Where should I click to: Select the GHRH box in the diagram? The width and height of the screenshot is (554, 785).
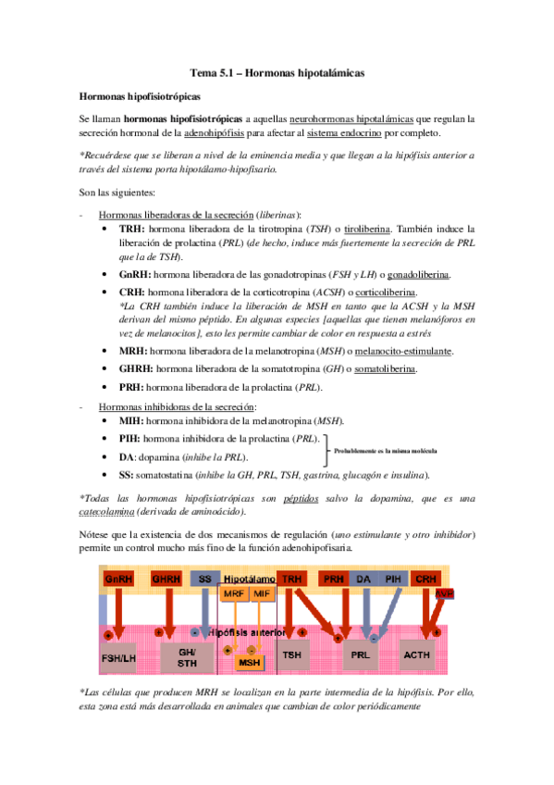(167, 578)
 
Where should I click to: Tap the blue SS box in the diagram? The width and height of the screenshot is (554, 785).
(205, 578)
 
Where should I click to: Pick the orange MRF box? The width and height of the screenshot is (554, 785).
(235, 593)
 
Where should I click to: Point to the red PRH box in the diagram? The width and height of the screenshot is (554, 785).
(332, 578)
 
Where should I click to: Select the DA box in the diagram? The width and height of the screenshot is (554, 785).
(363, 578)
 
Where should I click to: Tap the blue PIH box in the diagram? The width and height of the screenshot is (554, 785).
(394, 578)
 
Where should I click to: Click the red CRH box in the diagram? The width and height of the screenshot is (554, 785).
(426, 578)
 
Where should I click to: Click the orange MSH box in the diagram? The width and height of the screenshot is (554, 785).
(249, 663)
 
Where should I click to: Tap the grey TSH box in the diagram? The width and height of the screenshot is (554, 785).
(292, 656)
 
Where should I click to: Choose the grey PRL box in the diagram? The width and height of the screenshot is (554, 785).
(359, 656)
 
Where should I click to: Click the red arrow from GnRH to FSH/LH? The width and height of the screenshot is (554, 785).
(117, 611)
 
